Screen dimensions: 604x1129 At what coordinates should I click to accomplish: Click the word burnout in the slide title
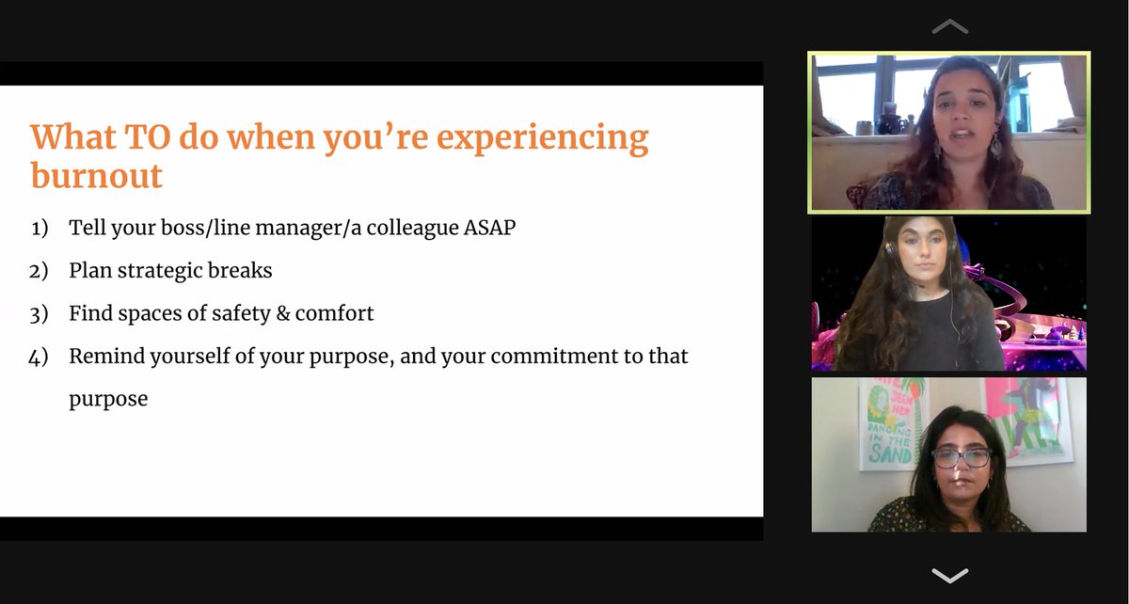point(96,176)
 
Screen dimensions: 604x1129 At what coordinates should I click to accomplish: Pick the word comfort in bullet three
point(334,313)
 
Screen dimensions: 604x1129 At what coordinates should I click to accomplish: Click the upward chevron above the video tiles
point(948,27)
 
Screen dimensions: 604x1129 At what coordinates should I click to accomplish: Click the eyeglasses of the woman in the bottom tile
point(961,458)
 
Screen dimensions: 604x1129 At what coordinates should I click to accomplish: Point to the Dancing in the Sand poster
point(889,423)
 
